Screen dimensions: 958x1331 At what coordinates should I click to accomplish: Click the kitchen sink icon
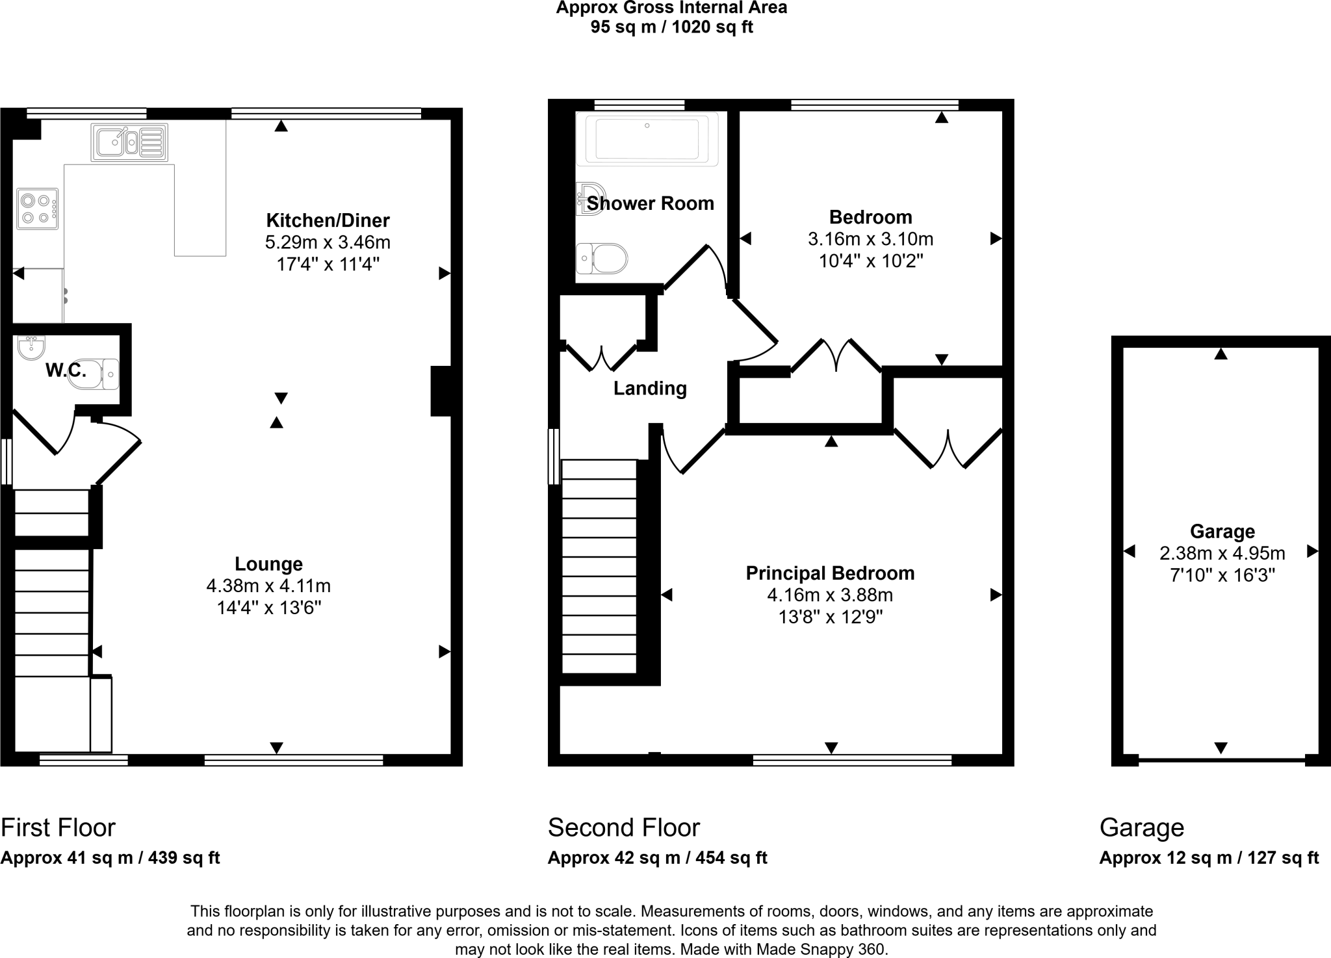coord(130,142)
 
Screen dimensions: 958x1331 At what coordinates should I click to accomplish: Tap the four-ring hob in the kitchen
coord(38,209)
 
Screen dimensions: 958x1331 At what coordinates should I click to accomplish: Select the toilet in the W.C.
coord(94,374)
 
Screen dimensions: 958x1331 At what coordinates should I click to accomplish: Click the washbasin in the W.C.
coord(30,348)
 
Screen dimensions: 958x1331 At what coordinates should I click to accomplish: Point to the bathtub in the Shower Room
coord(647,138)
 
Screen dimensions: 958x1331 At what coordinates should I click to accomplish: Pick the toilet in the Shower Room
coord(602,259)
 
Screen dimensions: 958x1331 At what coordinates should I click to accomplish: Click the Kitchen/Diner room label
coord(328,220)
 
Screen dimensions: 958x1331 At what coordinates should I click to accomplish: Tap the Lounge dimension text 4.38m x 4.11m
coord(268,586)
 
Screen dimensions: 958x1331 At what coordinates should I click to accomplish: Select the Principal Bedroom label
coord(830,573)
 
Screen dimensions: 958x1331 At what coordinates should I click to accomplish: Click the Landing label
coord(650,388)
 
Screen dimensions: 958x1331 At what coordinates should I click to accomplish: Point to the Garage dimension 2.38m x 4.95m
coord(1222,553)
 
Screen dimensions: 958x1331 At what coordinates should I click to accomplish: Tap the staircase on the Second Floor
coord(599,565)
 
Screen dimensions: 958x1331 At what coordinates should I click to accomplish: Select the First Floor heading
coord(58,827)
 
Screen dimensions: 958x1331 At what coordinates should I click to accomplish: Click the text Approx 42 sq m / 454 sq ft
coord(657,858)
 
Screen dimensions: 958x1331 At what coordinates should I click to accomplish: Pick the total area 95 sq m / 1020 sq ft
coord(671,27)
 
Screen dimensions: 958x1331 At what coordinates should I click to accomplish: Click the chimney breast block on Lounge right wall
coord(441,391)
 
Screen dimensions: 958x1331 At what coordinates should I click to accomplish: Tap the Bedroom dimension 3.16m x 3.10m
coord(870,239)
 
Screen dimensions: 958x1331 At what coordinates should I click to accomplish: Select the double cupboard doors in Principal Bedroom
coord(948,449)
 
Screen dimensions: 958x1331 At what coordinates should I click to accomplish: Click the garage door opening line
coord(1221,759)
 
